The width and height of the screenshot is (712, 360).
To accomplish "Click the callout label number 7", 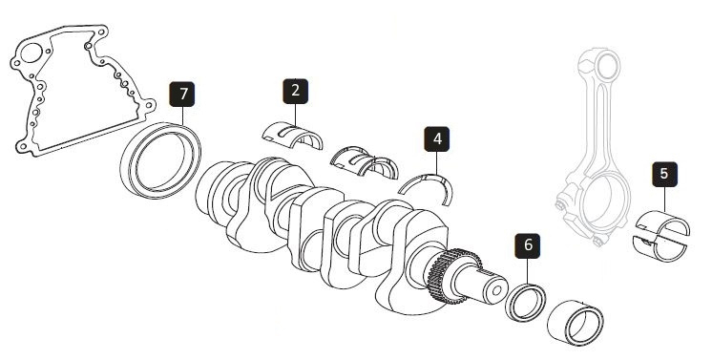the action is (182, 95).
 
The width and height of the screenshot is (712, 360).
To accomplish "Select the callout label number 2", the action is (296, 91).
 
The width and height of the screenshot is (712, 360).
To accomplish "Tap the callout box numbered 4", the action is (437, 138).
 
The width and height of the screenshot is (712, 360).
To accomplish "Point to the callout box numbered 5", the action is (665, 174).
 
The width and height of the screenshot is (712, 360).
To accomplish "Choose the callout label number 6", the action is (528, 246).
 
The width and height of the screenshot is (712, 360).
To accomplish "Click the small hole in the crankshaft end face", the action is (496, 290).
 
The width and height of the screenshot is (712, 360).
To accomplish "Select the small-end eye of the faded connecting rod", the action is (607, 66).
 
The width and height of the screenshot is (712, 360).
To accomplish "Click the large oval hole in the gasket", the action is (31, 53).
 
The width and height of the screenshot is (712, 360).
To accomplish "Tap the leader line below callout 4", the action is (437, 163).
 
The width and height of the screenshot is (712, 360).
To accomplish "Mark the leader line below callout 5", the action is (665, 199).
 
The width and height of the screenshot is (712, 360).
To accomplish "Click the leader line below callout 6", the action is (528, 271).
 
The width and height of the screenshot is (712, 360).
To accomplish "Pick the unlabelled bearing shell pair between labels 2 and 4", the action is (364, 161).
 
